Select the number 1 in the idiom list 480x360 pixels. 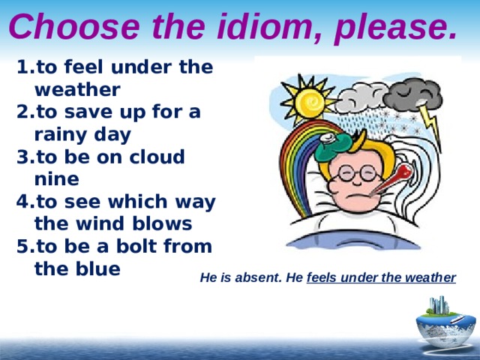20,67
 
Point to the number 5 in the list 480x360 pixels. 20,246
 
